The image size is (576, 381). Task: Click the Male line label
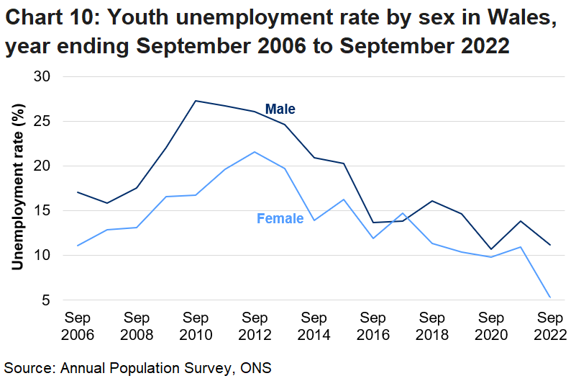point(280,109)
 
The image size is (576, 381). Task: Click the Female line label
point(280,218)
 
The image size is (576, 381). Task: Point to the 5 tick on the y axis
point(52,300)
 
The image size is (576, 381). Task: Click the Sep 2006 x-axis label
point(77,326)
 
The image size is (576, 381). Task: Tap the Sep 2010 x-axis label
point(196,326)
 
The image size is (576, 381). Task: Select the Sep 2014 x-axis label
point(314,326)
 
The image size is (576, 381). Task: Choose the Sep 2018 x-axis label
point(432,326)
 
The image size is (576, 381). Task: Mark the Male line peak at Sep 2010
point(196,101)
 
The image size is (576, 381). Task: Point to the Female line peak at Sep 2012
point(255,152)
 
